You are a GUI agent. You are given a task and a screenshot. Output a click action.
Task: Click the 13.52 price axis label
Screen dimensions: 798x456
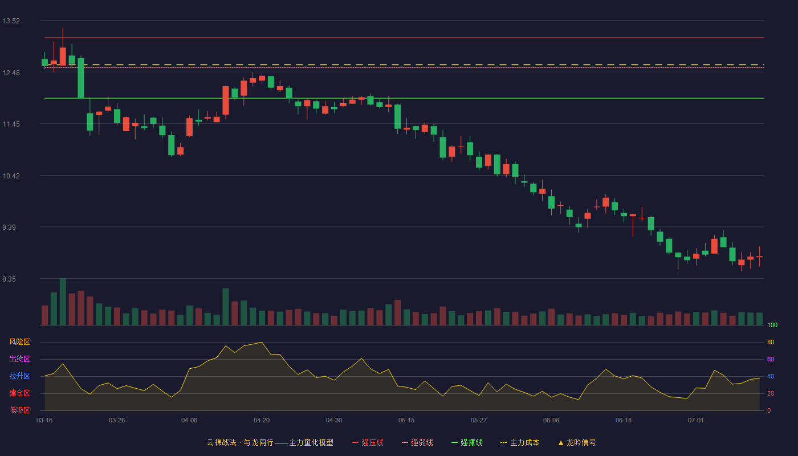point(11,21)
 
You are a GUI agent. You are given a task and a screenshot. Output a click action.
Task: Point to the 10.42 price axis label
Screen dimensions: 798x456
point(11,176)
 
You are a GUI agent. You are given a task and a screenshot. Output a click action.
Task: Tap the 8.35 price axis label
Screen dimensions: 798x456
point(9,279)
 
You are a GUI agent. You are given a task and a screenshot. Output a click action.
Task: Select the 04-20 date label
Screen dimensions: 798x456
point(262,421)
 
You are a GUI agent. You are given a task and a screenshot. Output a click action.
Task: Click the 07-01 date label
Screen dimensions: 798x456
point(696,421)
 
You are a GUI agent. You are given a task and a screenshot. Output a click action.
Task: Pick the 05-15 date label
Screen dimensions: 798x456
point(406,421)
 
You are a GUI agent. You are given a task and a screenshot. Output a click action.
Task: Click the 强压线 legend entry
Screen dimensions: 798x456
point(368,442)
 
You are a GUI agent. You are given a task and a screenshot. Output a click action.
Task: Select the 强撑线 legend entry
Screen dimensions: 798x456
point(467,442)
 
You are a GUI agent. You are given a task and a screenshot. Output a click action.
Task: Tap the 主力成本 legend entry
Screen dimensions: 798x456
point(520,442)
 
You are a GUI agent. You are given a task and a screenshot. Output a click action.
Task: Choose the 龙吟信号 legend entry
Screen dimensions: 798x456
point(577,442)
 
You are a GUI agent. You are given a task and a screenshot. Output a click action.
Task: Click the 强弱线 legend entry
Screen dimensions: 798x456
point(417,442)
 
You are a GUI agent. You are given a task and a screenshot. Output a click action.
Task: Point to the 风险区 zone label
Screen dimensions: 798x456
point(19,342)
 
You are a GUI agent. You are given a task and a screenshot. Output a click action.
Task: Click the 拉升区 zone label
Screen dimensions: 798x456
point(19,376)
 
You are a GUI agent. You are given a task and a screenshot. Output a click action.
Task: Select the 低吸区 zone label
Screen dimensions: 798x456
point(19,410)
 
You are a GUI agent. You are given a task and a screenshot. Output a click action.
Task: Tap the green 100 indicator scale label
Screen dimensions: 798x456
point(772,325)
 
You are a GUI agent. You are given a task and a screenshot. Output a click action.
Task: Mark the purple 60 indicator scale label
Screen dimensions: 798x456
point(771,359)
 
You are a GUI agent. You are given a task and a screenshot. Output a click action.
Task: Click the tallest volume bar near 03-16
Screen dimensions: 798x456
point(63,302)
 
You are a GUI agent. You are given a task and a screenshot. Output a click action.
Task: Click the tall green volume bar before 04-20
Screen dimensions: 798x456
point(226,307)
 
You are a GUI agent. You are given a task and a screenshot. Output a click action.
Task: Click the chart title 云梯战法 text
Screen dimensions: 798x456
point(221,442)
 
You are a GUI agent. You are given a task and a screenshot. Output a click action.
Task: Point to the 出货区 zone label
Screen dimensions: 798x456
point(19,359)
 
